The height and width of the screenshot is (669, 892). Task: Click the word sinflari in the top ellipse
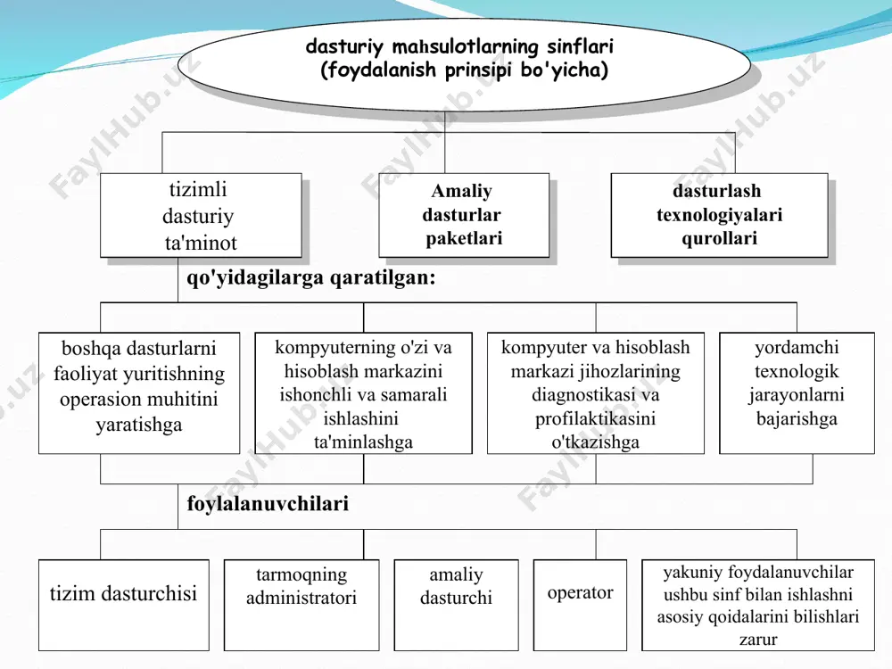[x=580, y=46]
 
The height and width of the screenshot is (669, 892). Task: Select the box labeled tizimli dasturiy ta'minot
[x=201, y=215]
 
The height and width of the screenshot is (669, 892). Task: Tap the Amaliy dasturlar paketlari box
[x=464, y=215]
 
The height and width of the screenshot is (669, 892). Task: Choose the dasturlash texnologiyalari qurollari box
[x=719, y=215]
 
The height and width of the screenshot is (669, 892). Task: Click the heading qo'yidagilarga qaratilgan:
[x=311, y=277]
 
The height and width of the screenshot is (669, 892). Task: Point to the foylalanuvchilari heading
[x=268, y=503]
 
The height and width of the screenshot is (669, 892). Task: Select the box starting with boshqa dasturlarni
[x=139, y=393]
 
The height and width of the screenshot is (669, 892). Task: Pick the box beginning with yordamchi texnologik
[x=797, y=393]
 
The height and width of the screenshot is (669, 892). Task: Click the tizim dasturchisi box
[x=123, y=605]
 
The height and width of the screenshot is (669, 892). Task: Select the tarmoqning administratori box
[x=301, y=605]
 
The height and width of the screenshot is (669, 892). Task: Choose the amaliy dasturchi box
[x=456, y=605]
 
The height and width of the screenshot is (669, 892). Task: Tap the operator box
[x=581, y=605]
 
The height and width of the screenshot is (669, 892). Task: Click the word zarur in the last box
[x=757, y=640]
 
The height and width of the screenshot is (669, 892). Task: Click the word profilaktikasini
[x=595, y=418]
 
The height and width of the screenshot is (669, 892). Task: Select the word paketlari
[x=464, y=238]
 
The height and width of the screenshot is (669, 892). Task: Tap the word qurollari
[x=719, y=238]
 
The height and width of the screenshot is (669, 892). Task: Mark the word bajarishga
[x=797, y=418]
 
